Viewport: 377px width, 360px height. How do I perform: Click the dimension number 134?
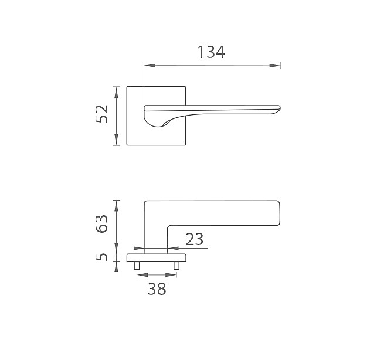(x=211, y=52)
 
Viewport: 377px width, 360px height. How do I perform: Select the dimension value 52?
(x=101, y=114)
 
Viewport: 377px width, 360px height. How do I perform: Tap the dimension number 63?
(x=101, y=223)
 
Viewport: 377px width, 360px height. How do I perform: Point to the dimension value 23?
(x=195, y=239)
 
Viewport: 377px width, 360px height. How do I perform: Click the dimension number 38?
(x=157, y=289)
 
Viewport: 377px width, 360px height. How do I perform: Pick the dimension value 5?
(x=101, y=257)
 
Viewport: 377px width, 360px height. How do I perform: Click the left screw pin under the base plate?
(x=137, y=266)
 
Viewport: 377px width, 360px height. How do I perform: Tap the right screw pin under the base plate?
(x=176, y=266)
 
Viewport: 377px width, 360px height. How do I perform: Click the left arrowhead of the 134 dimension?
(x=150, y=66)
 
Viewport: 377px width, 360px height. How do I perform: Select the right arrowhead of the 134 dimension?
(x=275, y=66)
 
